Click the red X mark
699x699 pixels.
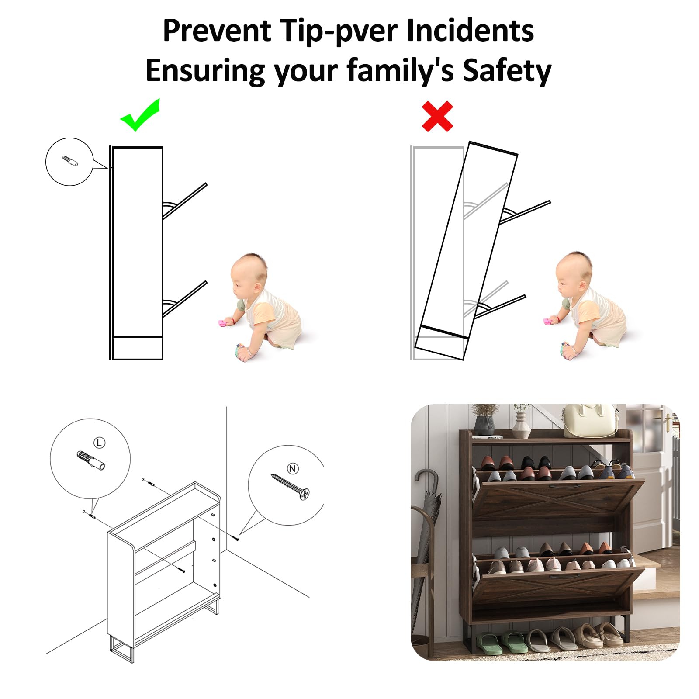(x=437, y=116)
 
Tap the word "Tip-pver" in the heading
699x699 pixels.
(x=339, y=31)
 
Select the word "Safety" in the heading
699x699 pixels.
(x=507, y=70)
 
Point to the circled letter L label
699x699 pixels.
(x=100, y=443)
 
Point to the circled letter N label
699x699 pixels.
(x=293, y=469)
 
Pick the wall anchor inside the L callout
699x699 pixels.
(x=91, y=460)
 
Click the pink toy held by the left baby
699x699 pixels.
(x=225, y=323)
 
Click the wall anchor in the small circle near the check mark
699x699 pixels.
(x=70, y=161)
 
